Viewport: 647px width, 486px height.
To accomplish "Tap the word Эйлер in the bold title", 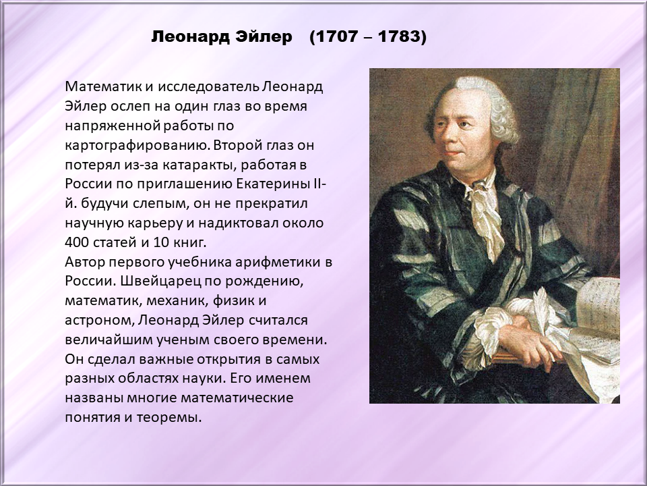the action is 264,36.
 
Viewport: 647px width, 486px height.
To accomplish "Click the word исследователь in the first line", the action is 208,87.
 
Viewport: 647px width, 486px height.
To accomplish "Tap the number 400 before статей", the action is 77,242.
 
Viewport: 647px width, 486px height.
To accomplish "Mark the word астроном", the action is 100,321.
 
